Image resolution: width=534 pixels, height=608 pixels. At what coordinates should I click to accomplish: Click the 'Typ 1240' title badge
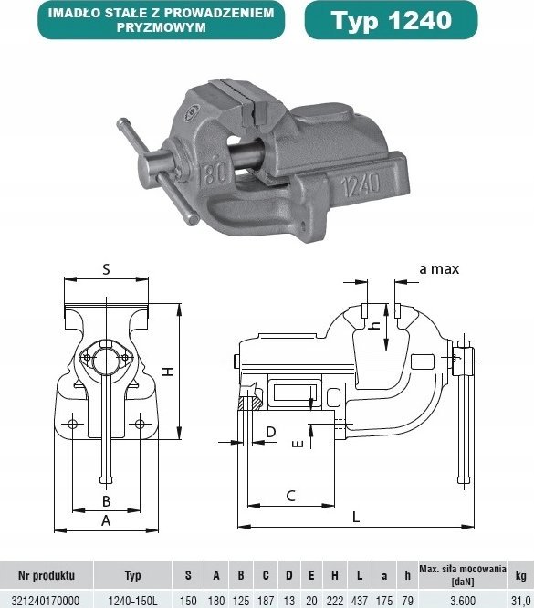click(391, 20)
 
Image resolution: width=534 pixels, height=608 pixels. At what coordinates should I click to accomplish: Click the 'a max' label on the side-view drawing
click(439, 268)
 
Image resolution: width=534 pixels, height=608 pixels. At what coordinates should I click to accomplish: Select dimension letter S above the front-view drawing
click(106, 269)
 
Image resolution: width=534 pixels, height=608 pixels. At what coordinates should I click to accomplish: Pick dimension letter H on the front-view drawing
click(167, 372)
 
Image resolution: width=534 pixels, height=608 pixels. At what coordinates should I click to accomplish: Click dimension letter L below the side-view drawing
click(356, 516)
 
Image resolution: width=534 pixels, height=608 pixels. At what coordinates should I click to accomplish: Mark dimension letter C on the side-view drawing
click(290, 496)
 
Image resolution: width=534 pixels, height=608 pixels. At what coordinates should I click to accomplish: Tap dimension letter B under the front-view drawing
click(106, 501)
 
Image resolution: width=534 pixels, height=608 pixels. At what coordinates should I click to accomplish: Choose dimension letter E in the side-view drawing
click(295, 445)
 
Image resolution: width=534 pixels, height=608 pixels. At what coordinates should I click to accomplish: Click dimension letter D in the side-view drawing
click(270, 431)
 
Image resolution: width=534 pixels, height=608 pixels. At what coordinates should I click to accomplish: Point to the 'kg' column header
click(520, 575)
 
